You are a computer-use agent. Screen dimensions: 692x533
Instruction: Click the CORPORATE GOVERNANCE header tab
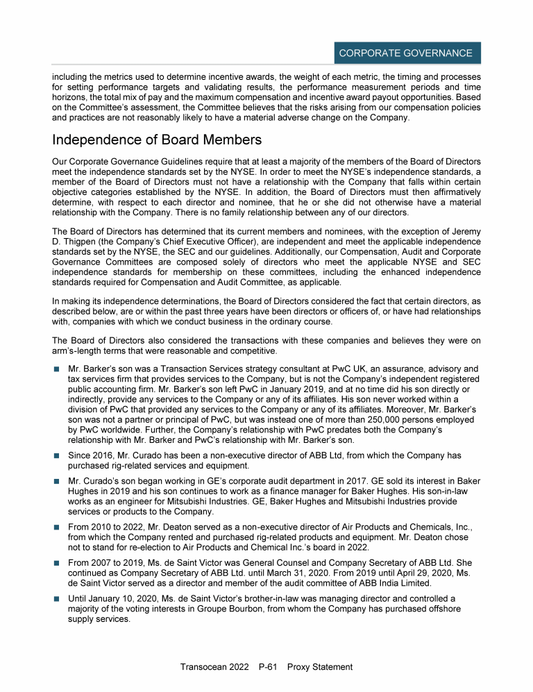pyautogui.click(x=405, y=53)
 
